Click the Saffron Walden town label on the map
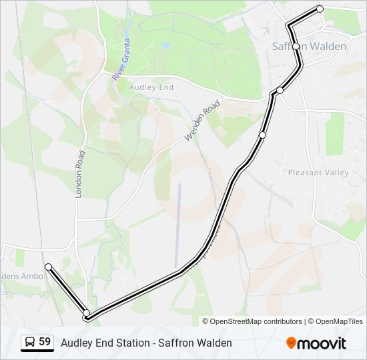click(309, 47)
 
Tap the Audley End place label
click(151, 87)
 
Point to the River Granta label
click(121, 59)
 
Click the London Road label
click(80, 173)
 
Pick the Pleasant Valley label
click(318, 173)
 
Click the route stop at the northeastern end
click(320, 9)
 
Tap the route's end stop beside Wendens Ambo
click(48, 267)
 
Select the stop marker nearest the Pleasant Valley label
click(262, 135)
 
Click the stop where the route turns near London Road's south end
click(86, 313)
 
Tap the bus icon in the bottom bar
click(30, 343)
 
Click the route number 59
click(45, 342)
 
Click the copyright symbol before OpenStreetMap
click(206, 321)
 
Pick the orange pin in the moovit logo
click(291, 343)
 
